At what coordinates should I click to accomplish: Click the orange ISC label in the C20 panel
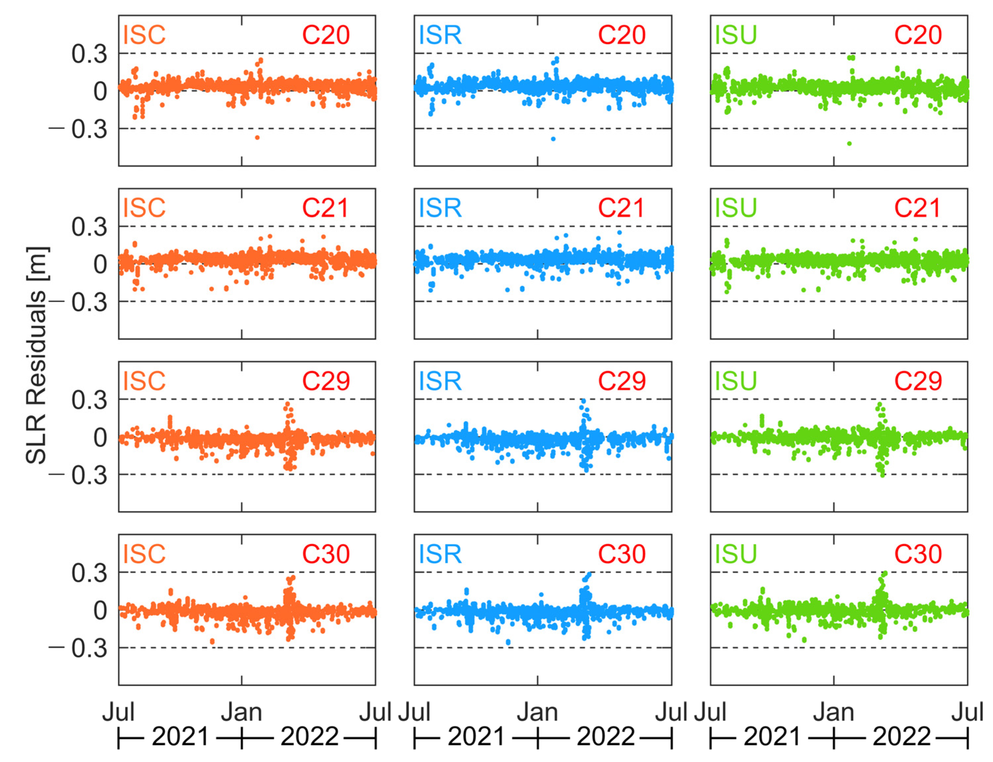(144, 35)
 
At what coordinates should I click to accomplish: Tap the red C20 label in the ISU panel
(917, 35)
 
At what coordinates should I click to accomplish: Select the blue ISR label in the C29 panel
(439, 381)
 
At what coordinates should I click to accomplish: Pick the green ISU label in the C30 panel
(735, 554)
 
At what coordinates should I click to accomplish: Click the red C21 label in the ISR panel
(621, 208)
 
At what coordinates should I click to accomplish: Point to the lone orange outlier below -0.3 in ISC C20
(257, 138)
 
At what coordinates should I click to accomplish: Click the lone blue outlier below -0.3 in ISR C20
(553, 139)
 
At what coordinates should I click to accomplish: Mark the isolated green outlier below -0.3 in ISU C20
(849, 144)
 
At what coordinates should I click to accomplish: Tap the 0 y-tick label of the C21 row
(100, 265)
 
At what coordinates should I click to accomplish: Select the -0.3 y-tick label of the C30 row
(78, 649)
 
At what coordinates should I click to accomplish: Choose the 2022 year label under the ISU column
(901, 736)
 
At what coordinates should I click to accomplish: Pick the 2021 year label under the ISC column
(180, 736)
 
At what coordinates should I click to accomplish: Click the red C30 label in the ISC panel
(326, 554)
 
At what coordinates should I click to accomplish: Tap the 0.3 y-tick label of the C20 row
(89, 54)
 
